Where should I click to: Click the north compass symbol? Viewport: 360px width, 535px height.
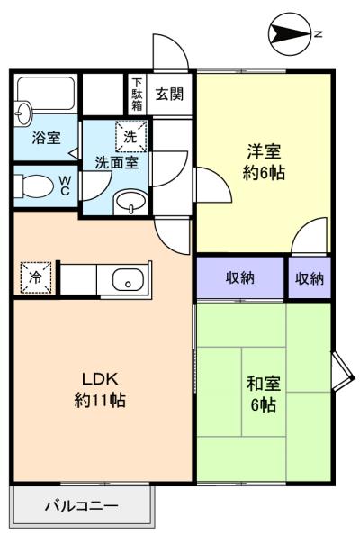(x=290, y=34)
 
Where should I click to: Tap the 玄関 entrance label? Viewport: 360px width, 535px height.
(x=169, y=95)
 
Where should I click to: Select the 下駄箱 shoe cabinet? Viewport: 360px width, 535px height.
(x=137, y=95)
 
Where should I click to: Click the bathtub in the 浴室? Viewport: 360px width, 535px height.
(x=46, y=93)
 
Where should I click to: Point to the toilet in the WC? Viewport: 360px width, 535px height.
(x=34, y=186)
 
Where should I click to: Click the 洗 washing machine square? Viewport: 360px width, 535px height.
(x=130, y=136)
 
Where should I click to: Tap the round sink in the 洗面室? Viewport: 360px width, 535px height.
(x=131, y=202)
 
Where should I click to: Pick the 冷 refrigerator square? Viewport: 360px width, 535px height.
(x=35, y=277)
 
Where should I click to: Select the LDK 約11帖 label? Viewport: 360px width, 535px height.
(x=100, y=389)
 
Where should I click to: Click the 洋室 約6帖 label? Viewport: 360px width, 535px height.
(x=264, y=162)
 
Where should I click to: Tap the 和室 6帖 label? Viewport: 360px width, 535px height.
(x=264, y=394)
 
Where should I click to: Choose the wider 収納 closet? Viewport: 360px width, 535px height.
(x=240, y=277)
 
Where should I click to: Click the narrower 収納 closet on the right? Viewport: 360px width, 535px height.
(x=310, y=278)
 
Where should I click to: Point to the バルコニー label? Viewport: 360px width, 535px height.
(x=82, y=505)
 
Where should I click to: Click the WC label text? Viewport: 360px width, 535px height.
(x=65, y=186)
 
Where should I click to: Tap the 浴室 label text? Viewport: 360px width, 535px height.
(x=47, y=138)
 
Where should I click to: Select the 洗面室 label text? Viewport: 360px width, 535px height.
(x=117, y=162)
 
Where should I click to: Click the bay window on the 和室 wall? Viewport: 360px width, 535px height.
(x=343, y=371)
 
